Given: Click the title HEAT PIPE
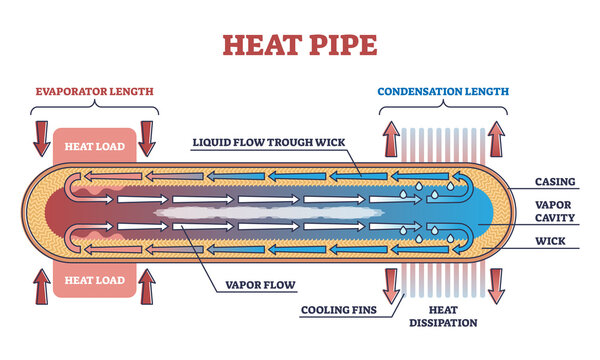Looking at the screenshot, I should (x=299, y=45).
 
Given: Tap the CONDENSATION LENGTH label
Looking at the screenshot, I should (x=443, y=91).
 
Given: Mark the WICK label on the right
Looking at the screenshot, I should (x=551, y=241).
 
